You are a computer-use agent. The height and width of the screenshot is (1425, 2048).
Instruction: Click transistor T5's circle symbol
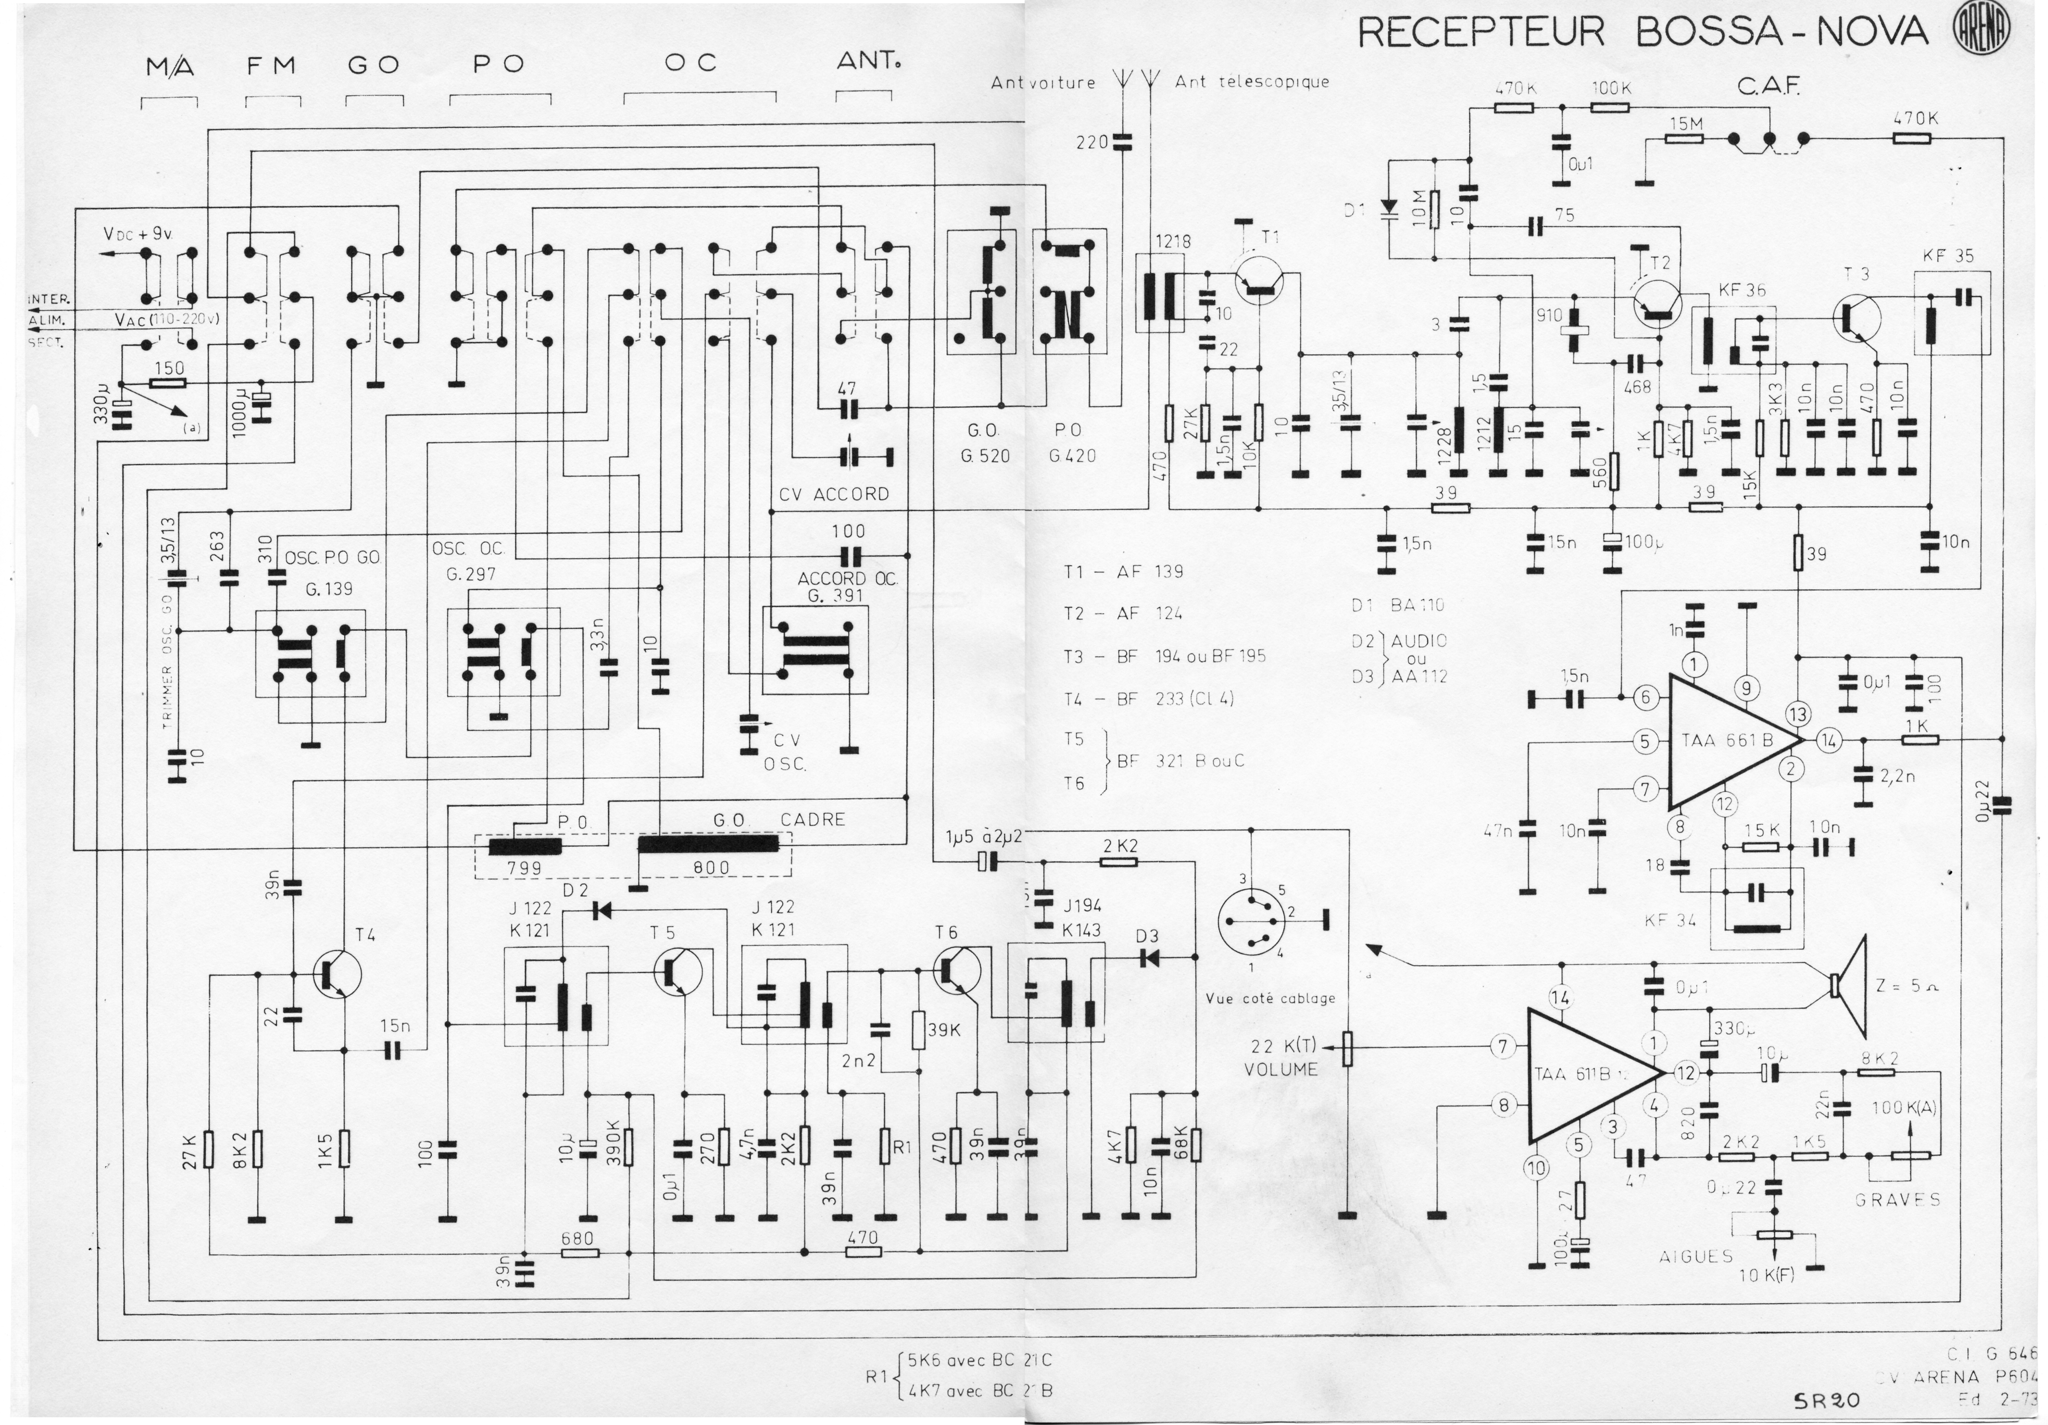click(678, 972)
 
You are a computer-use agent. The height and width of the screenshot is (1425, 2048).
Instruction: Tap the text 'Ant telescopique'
click(1252, 82)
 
